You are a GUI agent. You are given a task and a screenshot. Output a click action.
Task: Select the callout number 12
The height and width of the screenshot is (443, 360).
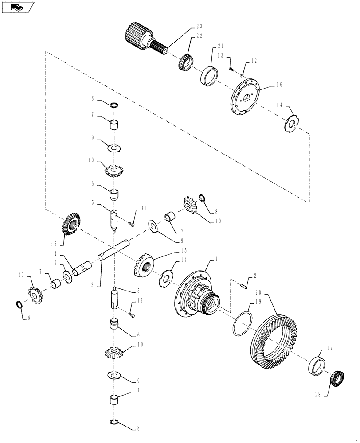pyautogui.click(x=253, y=61)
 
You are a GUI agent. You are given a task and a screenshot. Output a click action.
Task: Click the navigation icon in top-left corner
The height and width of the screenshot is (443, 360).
pyautogui.click(x=17, y=7)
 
